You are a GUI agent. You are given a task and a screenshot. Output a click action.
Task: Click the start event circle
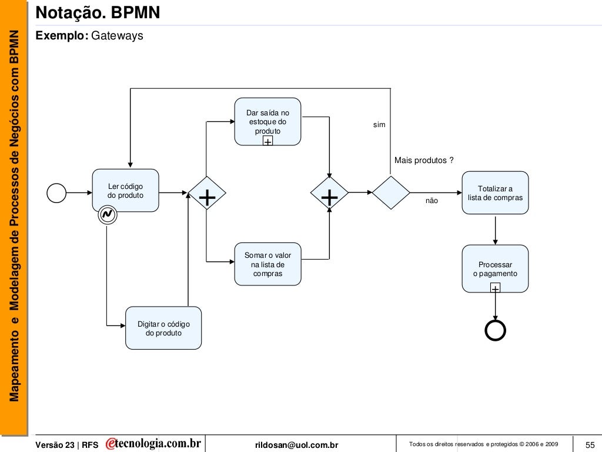(56, 192)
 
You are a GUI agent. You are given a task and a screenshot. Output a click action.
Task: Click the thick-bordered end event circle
(495, 331)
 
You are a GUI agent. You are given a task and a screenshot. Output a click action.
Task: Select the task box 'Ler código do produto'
(125, 190)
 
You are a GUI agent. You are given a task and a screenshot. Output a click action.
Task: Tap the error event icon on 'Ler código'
(108, 215)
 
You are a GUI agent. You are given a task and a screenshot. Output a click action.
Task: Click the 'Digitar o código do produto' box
(163, 328)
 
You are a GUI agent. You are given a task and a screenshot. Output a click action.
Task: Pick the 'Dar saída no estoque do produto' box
(267, 121)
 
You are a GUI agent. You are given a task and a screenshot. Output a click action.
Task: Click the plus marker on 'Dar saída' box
(267, 142)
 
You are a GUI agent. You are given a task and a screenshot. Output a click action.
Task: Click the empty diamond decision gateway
(390, 192)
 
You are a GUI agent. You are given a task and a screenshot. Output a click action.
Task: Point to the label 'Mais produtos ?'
(423, 161)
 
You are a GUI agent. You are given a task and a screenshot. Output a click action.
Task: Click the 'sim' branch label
(379, 125)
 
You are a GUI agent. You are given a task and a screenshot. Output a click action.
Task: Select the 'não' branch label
(432, 201)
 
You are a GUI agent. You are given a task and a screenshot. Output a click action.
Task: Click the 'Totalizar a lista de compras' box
(495, 192)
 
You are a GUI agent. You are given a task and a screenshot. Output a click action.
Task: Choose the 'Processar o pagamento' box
(495, 268)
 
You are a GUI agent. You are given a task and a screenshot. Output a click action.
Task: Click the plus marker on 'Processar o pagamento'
(495, 288)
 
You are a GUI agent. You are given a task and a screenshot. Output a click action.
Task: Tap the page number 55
(590, 444)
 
